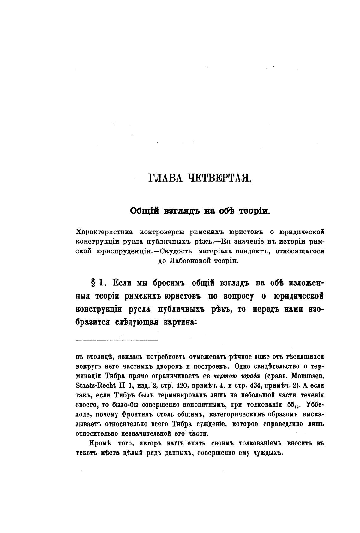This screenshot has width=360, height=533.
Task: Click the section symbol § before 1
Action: coord(93,283)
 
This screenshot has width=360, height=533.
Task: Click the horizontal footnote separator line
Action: coord(117,340)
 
